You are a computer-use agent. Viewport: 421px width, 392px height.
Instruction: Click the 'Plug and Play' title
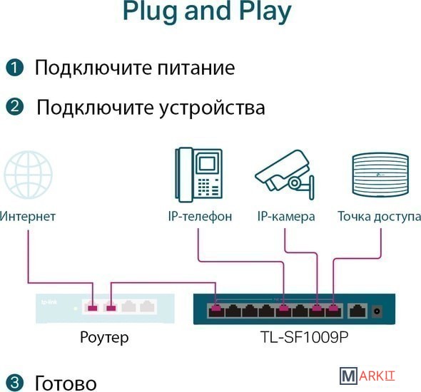207,11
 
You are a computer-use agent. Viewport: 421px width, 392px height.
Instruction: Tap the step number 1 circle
14,68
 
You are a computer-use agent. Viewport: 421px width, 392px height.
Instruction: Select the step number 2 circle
14,107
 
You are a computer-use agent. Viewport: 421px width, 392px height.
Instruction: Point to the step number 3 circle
14,383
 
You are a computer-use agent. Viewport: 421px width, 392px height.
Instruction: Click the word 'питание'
196,68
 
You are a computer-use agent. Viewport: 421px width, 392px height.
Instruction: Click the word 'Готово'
66,383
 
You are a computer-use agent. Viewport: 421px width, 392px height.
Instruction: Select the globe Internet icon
28,175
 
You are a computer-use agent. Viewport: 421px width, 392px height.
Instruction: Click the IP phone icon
198,175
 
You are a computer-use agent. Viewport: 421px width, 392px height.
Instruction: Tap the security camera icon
285,175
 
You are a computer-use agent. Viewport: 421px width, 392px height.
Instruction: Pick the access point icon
380,175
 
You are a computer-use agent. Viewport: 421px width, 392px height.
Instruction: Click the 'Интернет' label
27,217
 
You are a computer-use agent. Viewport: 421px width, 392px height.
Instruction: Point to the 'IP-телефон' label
200,217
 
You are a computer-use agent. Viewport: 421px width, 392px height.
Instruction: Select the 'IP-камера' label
286,217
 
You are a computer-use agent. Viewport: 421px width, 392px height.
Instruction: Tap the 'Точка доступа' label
379,217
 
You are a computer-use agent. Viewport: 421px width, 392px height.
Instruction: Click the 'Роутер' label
104,338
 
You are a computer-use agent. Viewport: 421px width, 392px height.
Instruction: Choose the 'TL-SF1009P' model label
304,337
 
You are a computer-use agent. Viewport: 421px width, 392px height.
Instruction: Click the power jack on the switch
377,311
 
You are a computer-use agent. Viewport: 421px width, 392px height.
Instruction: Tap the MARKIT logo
367,376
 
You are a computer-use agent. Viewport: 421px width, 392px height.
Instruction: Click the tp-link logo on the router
49,302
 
